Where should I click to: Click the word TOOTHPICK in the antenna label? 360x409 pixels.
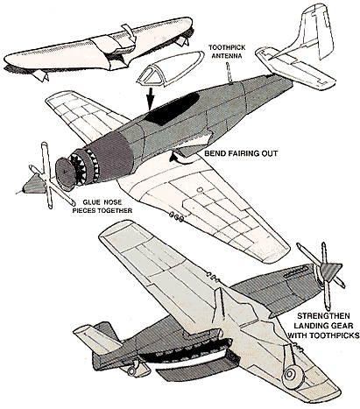(x=227, y=47)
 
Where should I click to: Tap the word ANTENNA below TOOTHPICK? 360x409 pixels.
(x=227, y=55)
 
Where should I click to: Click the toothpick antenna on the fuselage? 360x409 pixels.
(x=229, y=74)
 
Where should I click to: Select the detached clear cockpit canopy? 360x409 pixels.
(x=171, y=68)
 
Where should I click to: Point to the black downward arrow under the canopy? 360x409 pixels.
(x=150, y=98)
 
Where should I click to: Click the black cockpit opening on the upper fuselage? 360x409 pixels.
(x=173, y=109)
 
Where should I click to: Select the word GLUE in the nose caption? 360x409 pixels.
(x=90, y=202)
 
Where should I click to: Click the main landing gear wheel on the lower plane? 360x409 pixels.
(x=291, y=374)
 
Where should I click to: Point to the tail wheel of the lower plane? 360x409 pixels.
(x=132, y=370)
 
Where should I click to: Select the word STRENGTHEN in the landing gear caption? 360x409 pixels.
(x=323, y=316)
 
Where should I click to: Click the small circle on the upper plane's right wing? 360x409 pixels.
(x=200, y=190)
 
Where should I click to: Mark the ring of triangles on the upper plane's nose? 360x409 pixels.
(x=85, y=166)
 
